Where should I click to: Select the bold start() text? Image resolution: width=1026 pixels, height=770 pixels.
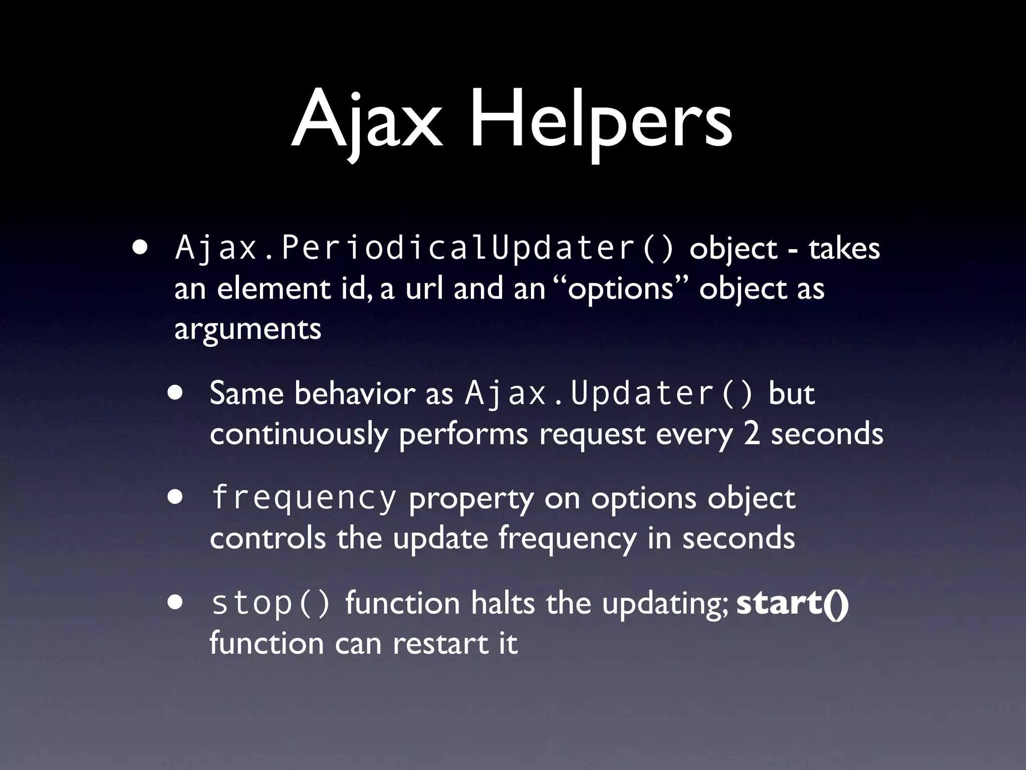pyautogui.click(x=793, y=603)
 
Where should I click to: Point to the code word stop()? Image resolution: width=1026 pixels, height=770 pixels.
pyautogui.click(x=271, y=603)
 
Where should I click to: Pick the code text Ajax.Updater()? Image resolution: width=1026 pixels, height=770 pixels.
pyautogui.click(x=609, y=394)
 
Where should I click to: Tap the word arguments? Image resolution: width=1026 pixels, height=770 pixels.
pyautogui.click(x=247, y=330)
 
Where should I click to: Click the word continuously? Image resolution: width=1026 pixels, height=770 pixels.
pyautogui.click(x=299, y=434)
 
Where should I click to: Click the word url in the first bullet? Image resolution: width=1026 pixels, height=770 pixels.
pyautogui.click(x=424, y=289)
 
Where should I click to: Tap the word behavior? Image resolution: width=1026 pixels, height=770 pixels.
pyautogui.click(x=355, y=394)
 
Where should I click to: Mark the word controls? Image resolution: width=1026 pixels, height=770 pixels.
pyautogui.click(x=268, y=538)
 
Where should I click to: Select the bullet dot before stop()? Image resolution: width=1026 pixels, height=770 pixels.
pyautogui.click(x=176, y=603)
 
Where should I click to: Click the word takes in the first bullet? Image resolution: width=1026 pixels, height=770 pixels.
pyautogui.click(x=844, y=248)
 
